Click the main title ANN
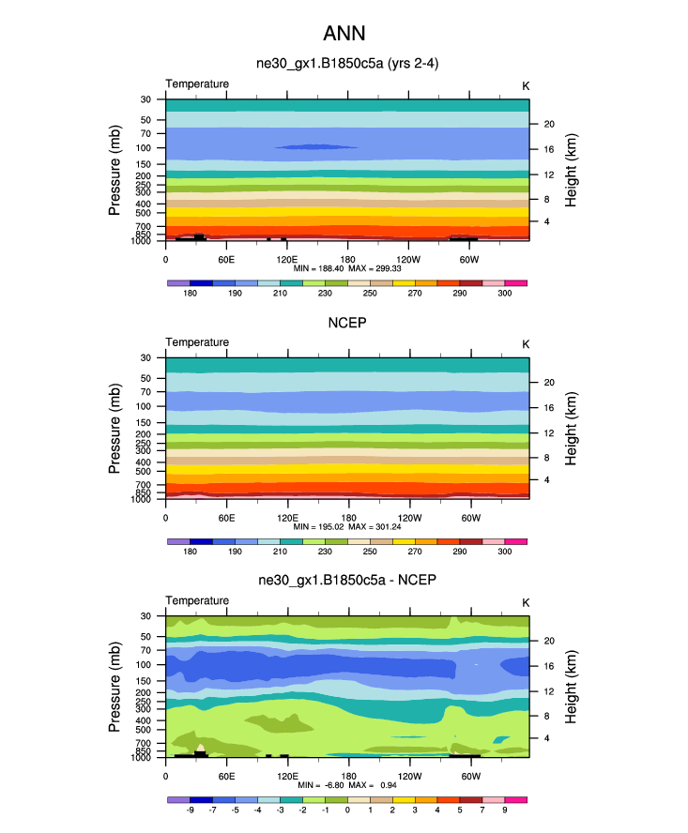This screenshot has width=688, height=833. [344, 34]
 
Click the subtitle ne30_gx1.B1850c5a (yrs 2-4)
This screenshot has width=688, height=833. [347, 64]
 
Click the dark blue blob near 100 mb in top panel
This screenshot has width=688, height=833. [315, 147]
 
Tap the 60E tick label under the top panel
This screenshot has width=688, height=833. [226, 258]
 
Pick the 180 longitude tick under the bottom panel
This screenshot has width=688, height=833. [347, 775]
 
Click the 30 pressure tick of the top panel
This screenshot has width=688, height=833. [146, 99]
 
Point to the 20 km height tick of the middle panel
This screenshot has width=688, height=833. [547, 382]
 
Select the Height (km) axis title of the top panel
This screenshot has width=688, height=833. [573, 170]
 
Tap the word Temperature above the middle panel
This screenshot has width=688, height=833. [197, 342]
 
